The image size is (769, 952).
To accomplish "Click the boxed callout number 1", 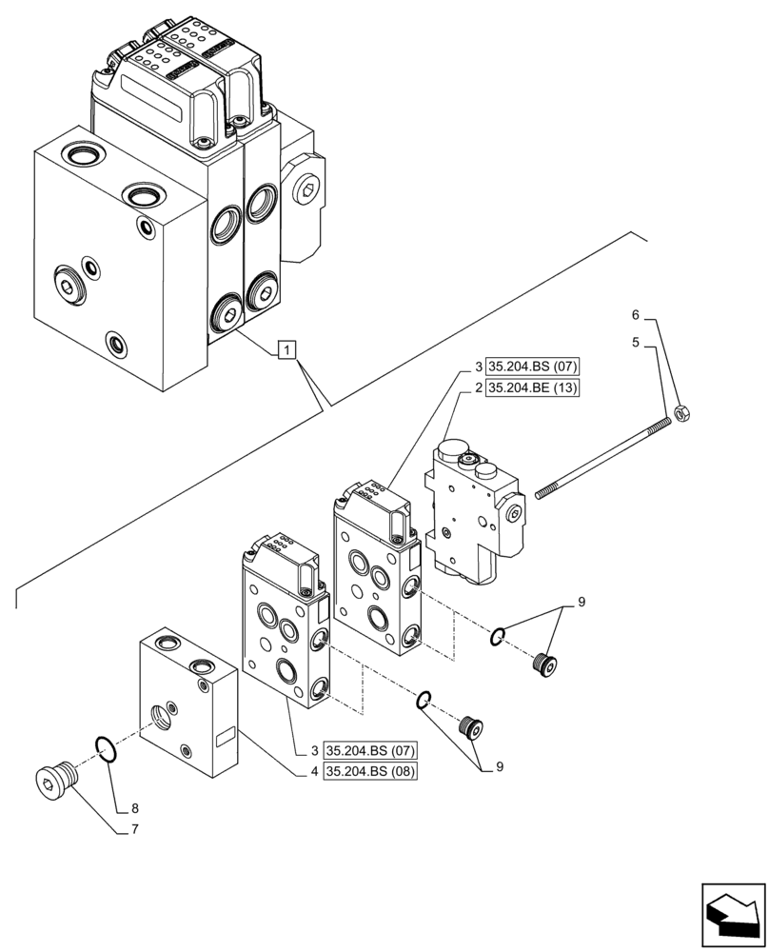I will [288, 350].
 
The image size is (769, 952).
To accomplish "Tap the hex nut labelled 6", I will [681, 413].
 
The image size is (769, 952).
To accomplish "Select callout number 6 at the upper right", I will [635, 315].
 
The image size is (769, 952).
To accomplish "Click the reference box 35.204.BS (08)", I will [370, 771].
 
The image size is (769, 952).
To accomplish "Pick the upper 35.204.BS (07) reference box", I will [533, 367].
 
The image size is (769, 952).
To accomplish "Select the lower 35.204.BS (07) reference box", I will [370, 750].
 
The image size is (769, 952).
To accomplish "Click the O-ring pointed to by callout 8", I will [106, 747].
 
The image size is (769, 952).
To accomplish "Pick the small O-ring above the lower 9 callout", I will [425, 702].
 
